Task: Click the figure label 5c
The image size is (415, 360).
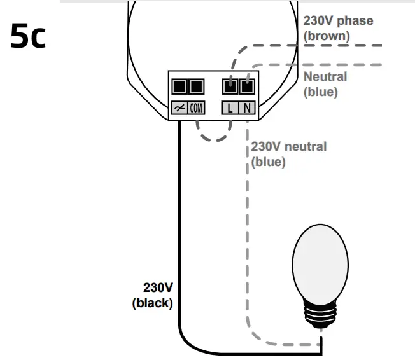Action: coord(29,38)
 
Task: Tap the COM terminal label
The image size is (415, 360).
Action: coord(196,108)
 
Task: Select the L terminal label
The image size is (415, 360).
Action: coord(230,108)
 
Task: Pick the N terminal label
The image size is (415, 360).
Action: coord(247,108)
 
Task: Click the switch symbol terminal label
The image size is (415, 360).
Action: coord(179,108)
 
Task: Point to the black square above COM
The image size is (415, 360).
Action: coord(196,86)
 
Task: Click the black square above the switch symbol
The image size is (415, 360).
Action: coord(179,86)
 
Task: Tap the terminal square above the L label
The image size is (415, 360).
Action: coord(230,86)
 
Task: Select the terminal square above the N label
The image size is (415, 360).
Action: coord(247,86)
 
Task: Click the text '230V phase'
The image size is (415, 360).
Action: coord(338,21)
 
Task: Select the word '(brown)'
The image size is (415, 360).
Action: coord(327,36)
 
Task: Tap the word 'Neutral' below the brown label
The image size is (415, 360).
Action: coord(325,77)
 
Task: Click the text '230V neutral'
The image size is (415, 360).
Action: coord(288,147)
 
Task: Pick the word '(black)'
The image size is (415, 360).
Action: coord(152,303)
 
